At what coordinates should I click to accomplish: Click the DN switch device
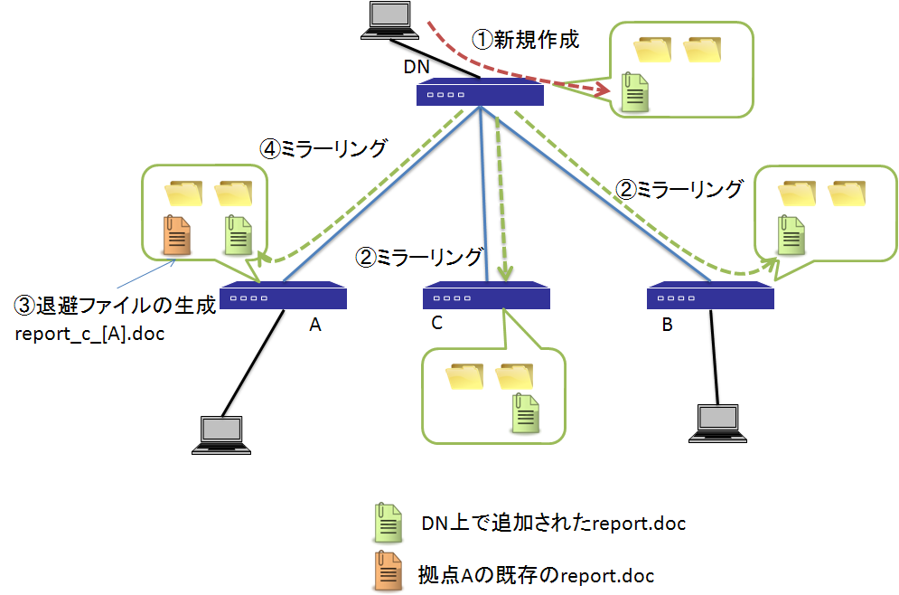(480, 93)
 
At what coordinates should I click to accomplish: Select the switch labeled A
(284, 297)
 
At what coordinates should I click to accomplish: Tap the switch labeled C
(487, 297)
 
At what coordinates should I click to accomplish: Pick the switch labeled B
(710, 297)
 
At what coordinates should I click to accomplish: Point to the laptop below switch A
(225, 433)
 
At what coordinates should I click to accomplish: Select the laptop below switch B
(719, 423)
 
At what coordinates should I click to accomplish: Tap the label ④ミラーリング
(324, 148)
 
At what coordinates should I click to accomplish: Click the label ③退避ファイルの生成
(116, 306)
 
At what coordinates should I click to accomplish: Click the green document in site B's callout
(791, 234)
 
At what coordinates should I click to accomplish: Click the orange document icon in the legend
(389, 571)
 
